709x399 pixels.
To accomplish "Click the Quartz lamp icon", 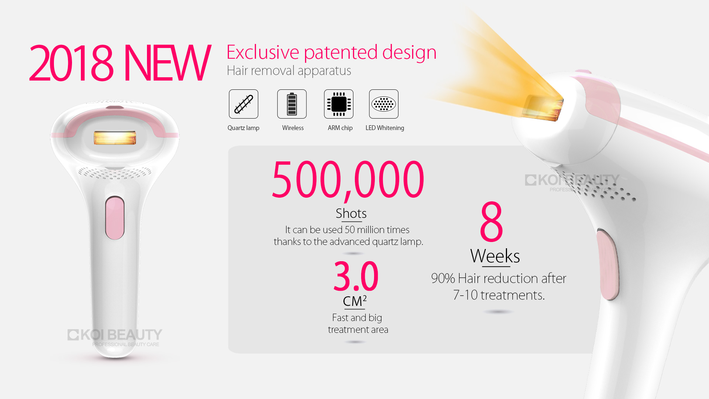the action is [x=243, y=104].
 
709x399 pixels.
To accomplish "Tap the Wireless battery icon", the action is [x=292, y=104].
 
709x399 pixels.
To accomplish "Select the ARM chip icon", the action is [x=339, y=104].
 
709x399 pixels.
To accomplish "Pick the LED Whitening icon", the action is [x=384, y=104].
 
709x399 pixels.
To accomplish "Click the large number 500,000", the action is [x=348, y=180].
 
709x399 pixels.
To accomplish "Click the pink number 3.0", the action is [x=356, y=276].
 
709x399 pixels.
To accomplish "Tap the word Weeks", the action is [x=495, y=256].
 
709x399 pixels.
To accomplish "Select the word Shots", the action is [x=351, y=213].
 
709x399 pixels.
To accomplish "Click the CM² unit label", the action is [x=354, y=301].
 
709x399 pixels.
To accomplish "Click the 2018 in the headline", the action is [x=71, y=63].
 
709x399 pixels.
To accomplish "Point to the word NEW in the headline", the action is [x=167, y=63].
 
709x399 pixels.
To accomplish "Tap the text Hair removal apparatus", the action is [x=289, y=71].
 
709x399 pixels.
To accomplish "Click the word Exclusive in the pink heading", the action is [x=263, y=52].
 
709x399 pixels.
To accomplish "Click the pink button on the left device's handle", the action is [x=115, y=218].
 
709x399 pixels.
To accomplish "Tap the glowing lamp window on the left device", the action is [x=115, y=138].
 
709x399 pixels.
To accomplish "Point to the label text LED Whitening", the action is [x=385, y=128].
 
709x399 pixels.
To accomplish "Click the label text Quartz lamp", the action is [x=243, y=128].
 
